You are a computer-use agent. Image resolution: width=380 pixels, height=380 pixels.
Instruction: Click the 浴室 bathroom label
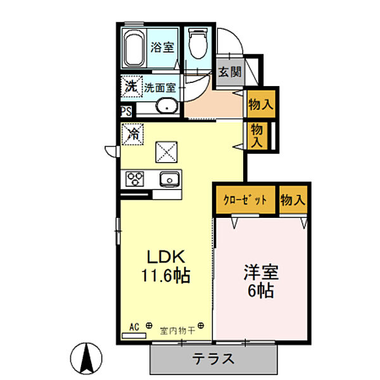(162, 46)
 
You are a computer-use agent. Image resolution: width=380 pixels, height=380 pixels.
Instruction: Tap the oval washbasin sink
(166, 106)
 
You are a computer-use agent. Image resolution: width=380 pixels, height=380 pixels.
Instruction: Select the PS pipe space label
(126, 112)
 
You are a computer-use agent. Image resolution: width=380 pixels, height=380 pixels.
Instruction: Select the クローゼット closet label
(244, 200)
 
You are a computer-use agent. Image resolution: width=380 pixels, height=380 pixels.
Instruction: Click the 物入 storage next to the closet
(293, 200)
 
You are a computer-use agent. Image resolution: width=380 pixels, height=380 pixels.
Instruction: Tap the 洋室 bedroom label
(261, 273)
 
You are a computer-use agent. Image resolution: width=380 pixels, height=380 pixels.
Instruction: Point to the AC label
(134, 326)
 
